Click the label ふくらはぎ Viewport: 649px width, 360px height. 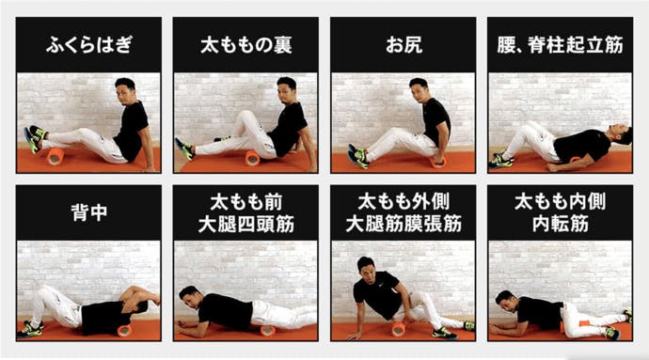(x=87, y=45)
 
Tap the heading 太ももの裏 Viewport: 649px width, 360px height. (x=244, y=45)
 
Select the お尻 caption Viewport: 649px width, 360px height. (x=403, y=45)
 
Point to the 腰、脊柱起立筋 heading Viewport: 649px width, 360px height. (x=560, y=45)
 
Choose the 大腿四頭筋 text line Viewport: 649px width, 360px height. (x=244, y=224)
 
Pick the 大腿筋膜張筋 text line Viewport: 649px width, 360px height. (x=403, y=224)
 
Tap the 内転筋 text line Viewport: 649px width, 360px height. (x=560, y=224)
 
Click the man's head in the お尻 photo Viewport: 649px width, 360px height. (x=418, y=89)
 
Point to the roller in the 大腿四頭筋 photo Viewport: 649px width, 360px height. (x=267, y=330)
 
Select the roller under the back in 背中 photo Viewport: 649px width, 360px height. (x=123, y=330)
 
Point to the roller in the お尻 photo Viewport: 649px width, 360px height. (x=437, y=160)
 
